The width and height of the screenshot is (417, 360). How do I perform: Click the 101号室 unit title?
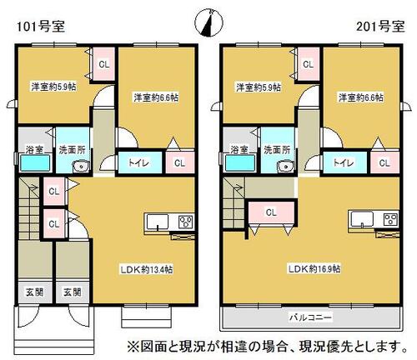[41, 27]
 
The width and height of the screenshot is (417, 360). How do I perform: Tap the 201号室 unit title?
[380, 27]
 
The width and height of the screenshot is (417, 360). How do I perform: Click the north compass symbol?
[209, 23]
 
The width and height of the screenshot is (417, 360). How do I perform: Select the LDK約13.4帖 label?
[147, 269]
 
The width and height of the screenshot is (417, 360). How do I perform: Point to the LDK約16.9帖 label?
[314, 269]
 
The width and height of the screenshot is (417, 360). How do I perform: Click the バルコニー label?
[311, 317]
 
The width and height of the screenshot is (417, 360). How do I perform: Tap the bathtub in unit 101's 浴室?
[35, 162]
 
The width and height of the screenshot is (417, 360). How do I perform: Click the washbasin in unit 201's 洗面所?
[285, 167]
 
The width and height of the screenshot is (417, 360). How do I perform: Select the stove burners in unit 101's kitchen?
[186, 222]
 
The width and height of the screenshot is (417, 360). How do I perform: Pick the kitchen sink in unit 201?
[362, 219]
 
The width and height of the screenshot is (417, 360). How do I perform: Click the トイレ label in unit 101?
[138, 162]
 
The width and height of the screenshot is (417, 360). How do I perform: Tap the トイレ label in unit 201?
[344, 162]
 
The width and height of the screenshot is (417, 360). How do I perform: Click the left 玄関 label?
[34, 292]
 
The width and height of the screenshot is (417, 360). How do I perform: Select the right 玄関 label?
[73, 292]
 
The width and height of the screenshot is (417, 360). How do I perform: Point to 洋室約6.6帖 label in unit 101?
[156, 97]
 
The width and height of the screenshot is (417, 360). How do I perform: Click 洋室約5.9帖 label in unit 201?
[259, 87]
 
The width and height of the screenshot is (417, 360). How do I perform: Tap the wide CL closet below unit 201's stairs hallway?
[271, 212]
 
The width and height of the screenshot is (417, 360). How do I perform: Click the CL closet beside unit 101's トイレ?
[180, 162]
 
